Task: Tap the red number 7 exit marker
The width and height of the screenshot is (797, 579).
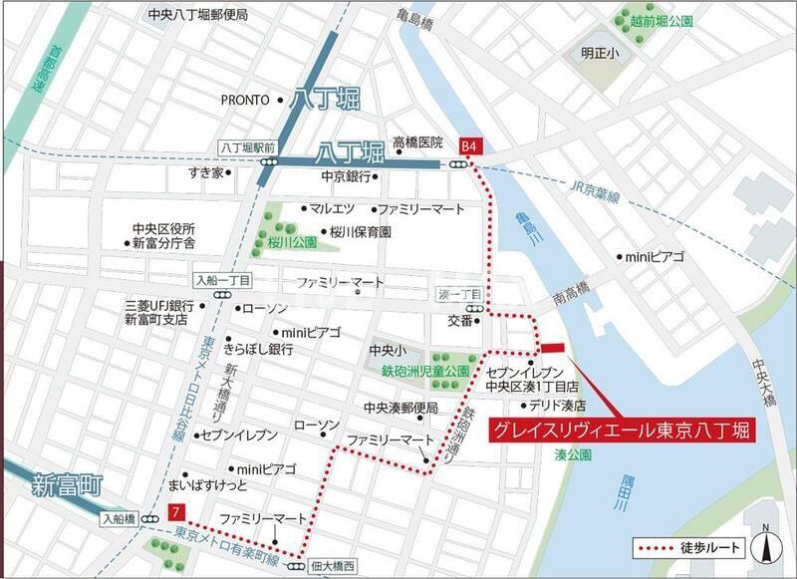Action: point(176,513)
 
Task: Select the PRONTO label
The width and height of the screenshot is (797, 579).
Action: point(245,100)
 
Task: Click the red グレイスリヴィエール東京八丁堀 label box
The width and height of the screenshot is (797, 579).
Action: point(619,431)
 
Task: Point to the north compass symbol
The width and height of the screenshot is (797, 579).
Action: point(768,543)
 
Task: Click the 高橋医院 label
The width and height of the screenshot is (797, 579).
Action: point(416,143)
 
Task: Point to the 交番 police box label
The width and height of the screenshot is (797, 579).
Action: point(460,320)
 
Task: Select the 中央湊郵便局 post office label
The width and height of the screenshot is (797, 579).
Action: point(400,408)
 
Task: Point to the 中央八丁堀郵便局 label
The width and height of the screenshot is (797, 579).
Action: point(197,15)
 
